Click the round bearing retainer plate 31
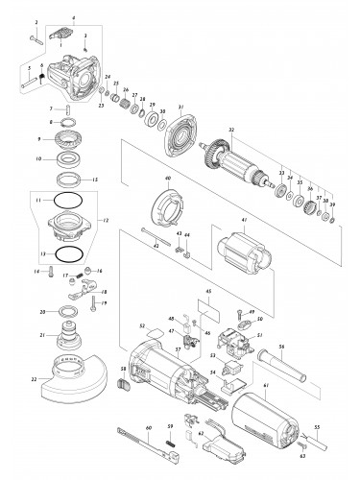click(x=180, y=136)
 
